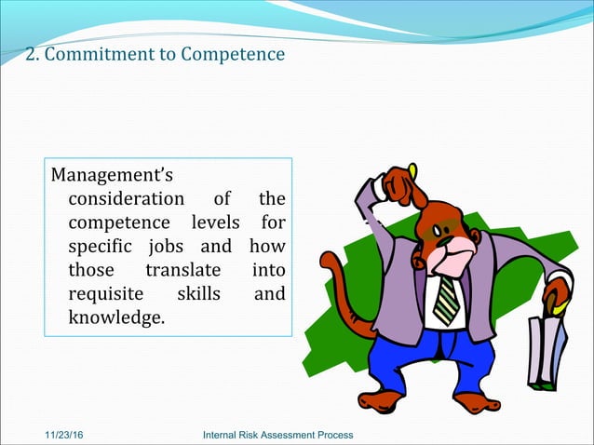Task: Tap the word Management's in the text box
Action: click(x=112, y=174)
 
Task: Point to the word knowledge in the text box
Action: click(x=115, y=319)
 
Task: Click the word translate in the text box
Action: click(x=182, y=271)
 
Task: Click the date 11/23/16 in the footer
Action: click(x=66, y=436)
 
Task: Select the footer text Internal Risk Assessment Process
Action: click(x=277, y=436)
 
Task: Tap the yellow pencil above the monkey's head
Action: click(x=412, y=171)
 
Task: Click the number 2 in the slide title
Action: click(x=30, y=54)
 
